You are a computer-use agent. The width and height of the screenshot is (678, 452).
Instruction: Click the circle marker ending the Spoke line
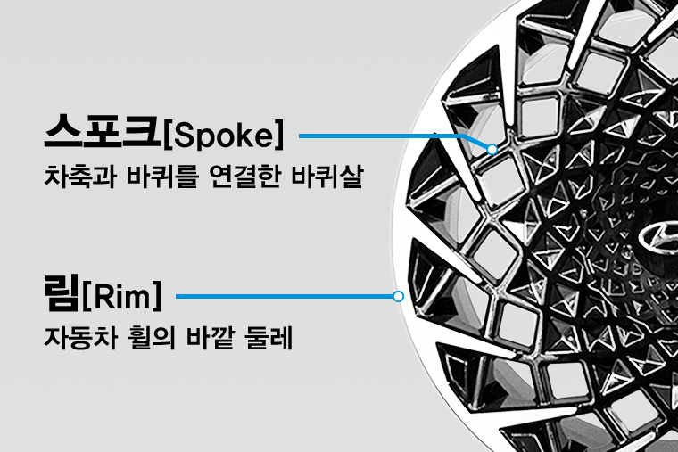492,149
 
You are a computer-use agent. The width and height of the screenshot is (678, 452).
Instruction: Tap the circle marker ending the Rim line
398,296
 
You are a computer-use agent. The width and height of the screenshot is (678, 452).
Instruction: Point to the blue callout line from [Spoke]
375,136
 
